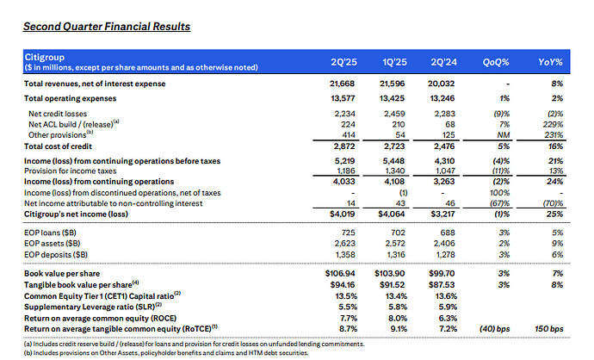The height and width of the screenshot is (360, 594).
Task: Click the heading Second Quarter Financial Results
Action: [x=107, y=27]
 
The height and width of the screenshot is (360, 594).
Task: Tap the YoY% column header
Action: [x=550, y=62]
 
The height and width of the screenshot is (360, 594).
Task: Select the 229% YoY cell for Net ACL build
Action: [x=553, y=123]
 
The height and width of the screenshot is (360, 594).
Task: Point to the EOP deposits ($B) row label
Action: [x=58, y=256]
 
